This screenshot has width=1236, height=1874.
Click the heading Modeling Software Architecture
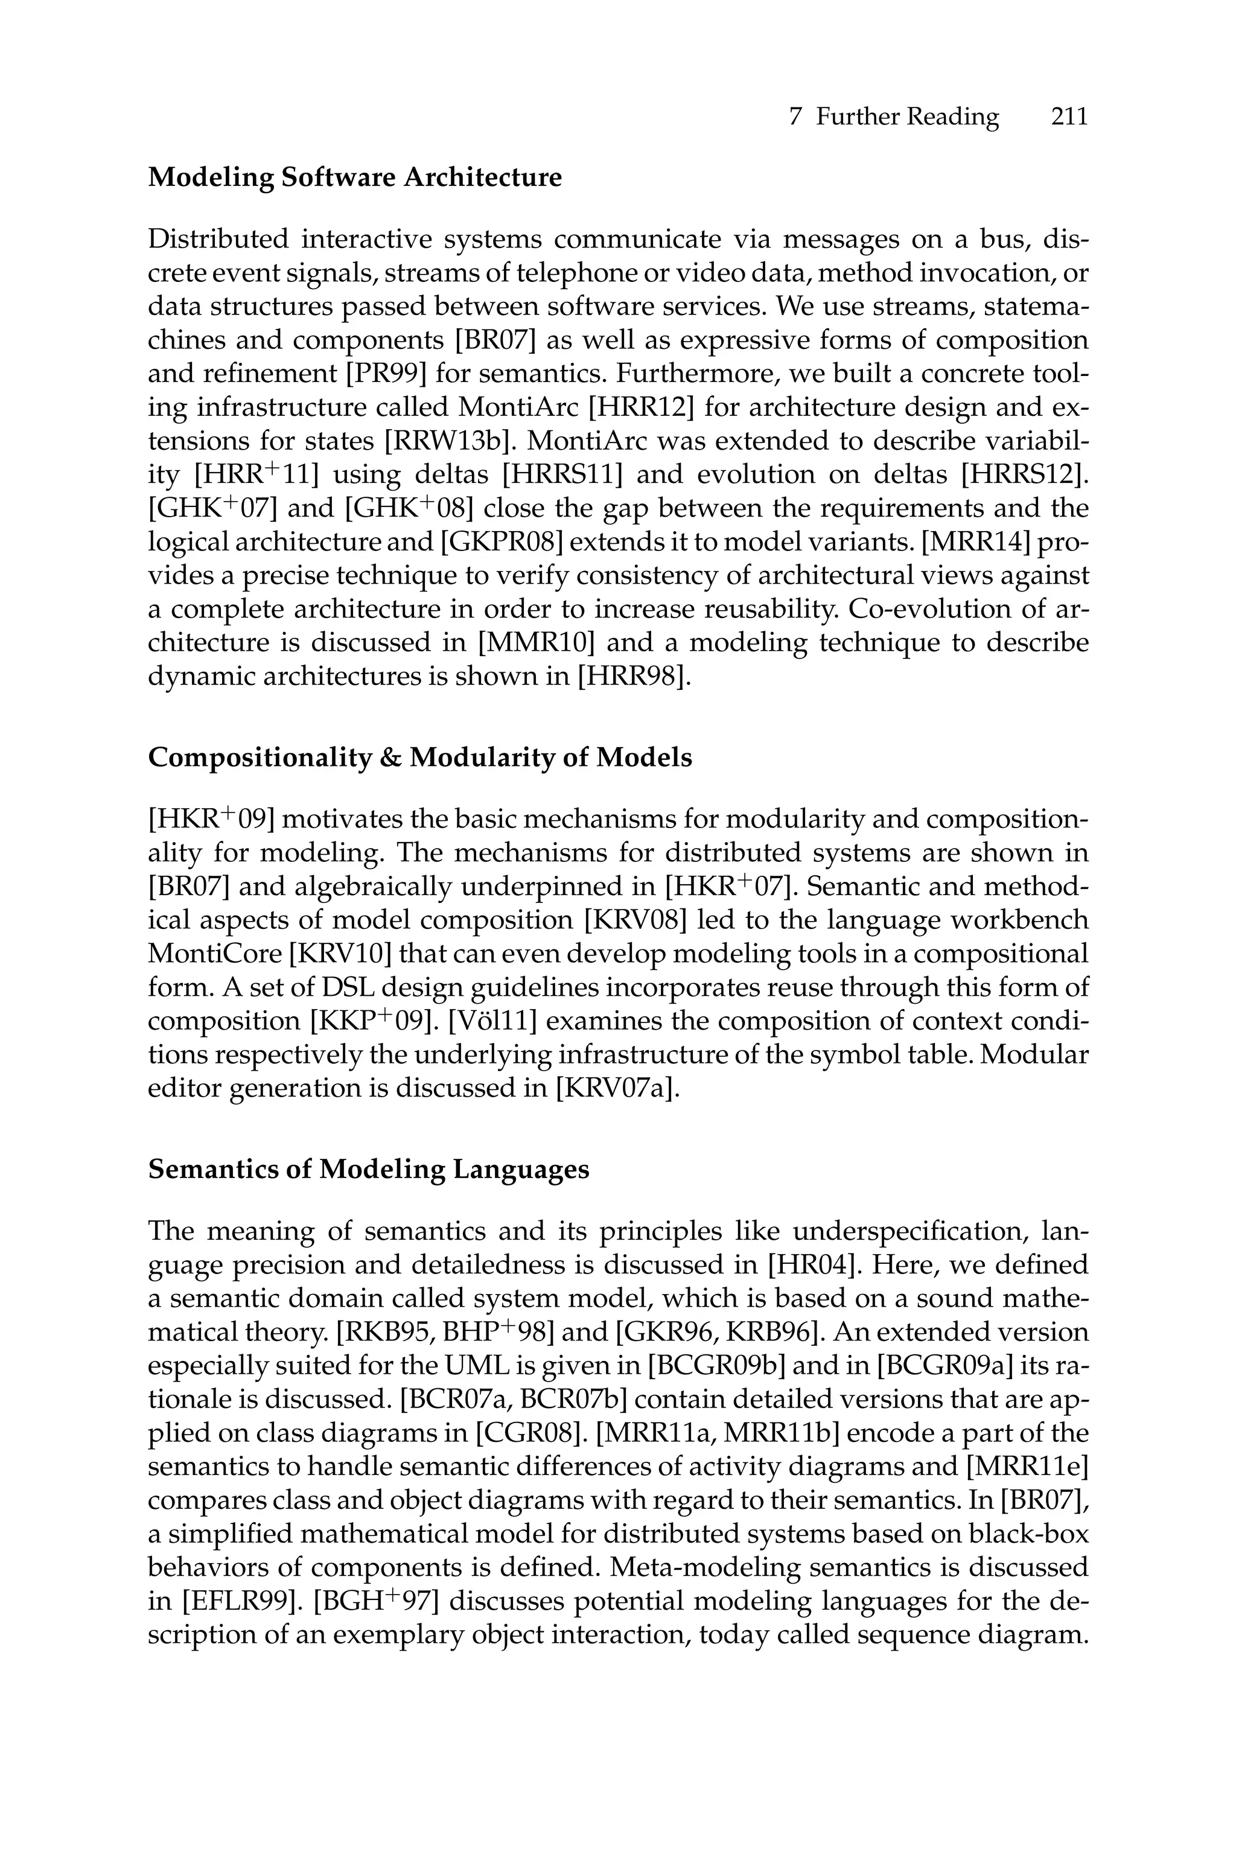pyautogui.click(x=355, y=177)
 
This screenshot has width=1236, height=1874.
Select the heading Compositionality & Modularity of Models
pyautogui.click(x=420, y=757)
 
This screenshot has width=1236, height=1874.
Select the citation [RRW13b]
pyautogui.click(x=448, y=441)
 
